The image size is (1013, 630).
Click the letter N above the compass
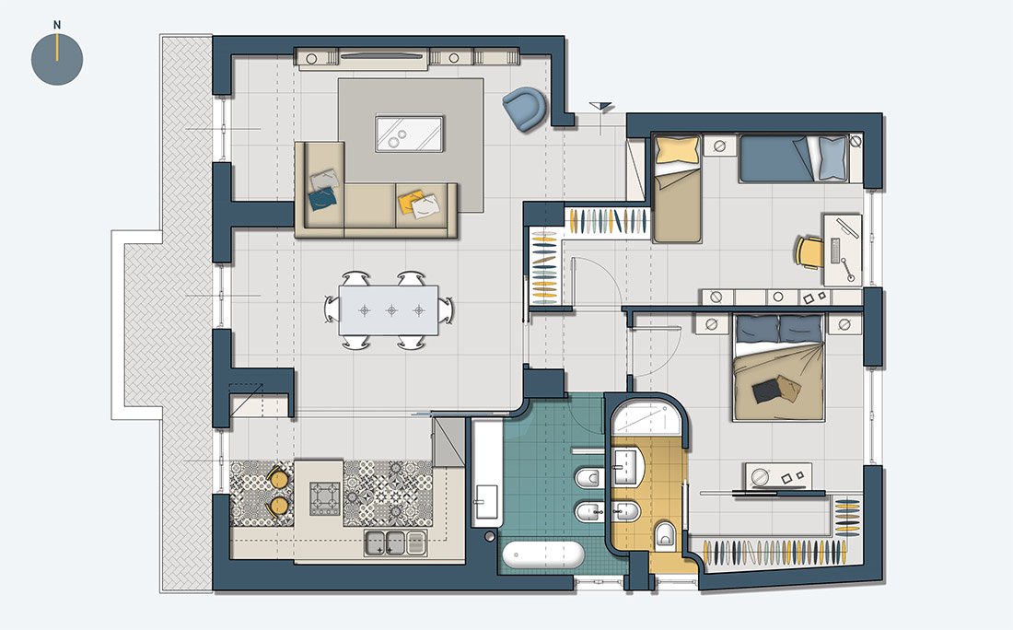[x=57, y=25]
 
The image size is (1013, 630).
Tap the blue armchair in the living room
[x=525, y=109]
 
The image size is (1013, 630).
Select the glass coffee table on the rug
[x=410, y=134]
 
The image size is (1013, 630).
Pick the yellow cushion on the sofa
[x=410, y=202]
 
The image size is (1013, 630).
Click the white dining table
[x=389, y=310]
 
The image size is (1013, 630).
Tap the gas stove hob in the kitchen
[x=325, y=498]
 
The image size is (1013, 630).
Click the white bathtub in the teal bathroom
[x=543, y=555]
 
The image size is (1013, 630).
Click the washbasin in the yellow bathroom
[x=626, y=467]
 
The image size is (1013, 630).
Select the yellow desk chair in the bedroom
[x=809, y=252]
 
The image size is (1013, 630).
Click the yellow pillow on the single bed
[x=677, y=150]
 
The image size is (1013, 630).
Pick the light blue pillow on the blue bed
[x=833, y=158]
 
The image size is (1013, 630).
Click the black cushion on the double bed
[x=765, y=391]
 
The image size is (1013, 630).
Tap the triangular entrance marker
[x=600, y=106]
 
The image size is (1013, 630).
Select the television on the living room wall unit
[x=383, y=56]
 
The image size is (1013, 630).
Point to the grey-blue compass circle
[x=57, y=60]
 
